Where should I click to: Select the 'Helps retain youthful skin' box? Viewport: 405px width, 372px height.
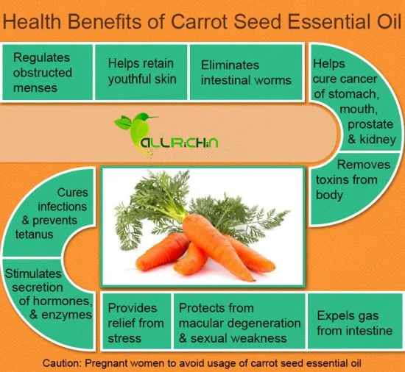(x=142, y=72)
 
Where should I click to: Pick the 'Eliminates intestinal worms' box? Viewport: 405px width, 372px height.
(x=246, y=72)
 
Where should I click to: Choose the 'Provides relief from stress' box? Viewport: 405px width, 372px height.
(x=135, y=321)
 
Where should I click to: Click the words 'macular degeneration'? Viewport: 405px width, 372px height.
(x=240, y=323)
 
